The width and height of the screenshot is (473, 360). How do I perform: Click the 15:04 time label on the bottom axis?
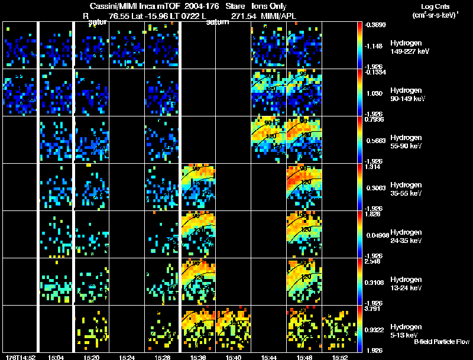click(x=56, y=357)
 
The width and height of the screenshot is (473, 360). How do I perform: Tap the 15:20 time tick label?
click(x=91, y=357)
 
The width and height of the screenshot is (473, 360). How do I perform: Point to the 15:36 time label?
click(x=197, y=357)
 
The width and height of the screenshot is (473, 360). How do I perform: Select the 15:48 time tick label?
click(x=304, y=357)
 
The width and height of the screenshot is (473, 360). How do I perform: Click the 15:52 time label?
click(x=339, y=357)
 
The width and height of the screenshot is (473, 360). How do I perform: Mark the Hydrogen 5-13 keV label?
click(x=406, y=330)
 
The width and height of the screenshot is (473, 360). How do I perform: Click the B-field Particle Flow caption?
click(x=441, y=342)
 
